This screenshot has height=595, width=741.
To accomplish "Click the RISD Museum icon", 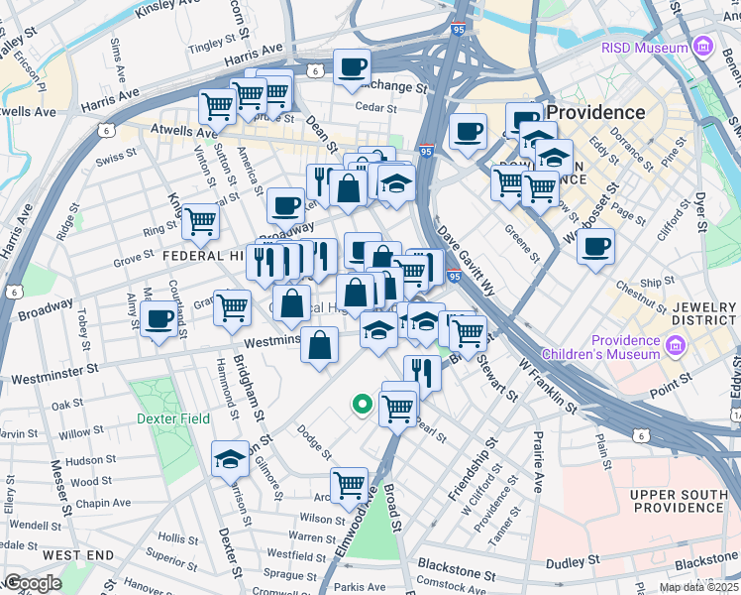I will (x=703, y=47).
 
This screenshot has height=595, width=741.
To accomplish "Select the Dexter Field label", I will (x=173, y=418).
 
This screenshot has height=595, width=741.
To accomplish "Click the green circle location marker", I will (x=363, y=404).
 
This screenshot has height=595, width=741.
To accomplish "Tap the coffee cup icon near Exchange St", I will (x=352, y=67).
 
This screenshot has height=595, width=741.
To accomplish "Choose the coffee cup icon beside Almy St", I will (x=159, y=319).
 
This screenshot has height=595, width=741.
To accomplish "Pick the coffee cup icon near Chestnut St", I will (x=595, y=246).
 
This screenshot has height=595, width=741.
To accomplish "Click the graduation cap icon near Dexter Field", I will (x=230, y=458).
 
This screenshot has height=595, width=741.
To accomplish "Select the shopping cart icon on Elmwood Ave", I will (x=349, y=485).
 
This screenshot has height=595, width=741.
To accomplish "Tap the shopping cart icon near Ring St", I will (x=199, y=221).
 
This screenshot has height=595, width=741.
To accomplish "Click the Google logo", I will (x=33, y=583).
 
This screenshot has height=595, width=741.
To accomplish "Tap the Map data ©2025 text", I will (x=699, y=587).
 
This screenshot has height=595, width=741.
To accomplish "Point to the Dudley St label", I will (x=575, y=562).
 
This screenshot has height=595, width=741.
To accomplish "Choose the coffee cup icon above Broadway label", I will (x=285, y=205).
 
